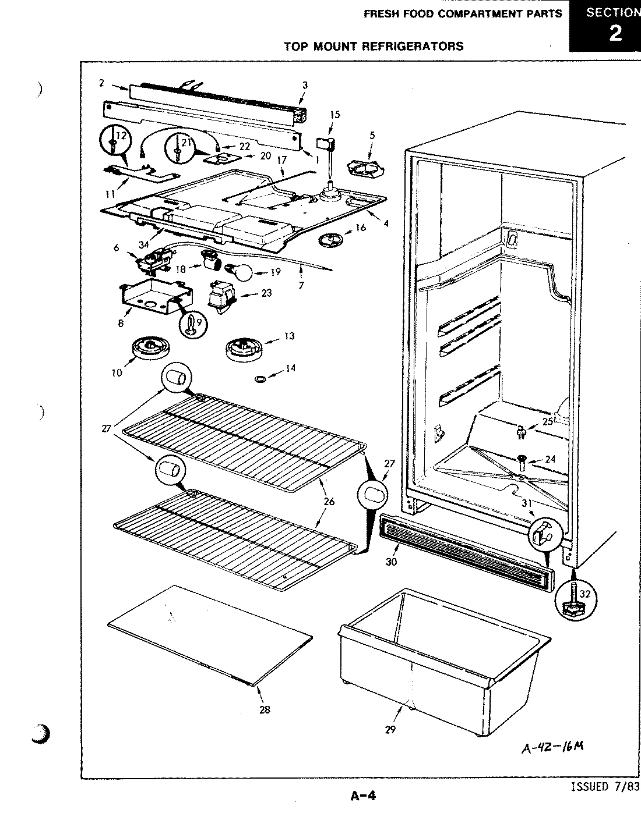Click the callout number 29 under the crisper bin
click(390, 729)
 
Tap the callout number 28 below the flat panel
click(265, 709)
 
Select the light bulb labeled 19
click(242, 271)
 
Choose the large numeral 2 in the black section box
click(615, 33)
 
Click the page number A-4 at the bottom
click(363, 796)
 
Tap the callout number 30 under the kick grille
click(391, 562)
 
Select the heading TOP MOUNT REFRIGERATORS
click(374, 46)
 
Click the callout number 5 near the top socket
click(372, 136)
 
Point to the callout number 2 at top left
click(101, 83)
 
